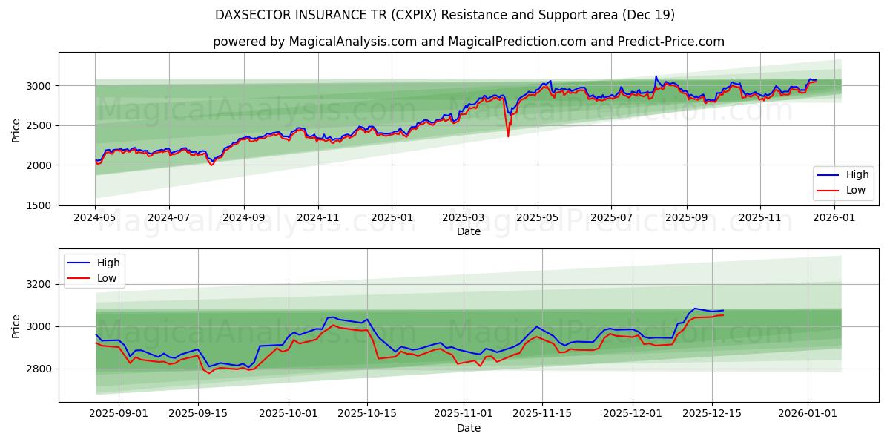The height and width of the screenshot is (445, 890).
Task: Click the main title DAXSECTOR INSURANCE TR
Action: coord(445,15)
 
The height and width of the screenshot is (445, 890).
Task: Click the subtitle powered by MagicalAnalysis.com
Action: coord(469,42)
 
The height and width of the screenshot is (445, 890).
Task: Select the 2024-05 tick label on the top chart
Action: coord(95,218)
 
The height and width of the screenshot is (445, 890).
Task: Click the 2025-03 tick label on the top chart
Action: coord(464,218)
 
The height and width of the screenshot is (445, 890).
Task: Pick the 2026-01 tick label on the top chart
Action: coord(835,218)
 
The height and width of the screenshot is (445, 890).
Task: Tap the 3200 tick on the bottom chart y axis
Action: coord(39,284)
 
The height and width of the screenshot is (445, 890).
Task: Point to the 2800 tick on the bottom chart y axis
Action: coord(39,369)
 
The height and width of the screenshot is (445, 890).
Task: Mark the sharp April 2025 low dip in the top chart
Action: coord(508,136)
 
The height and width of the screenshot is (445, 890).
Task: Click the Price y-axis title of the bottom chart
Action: coord(16,326)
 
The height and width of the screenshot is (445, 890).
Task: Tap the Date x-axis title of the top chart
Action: coord(468,231)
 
